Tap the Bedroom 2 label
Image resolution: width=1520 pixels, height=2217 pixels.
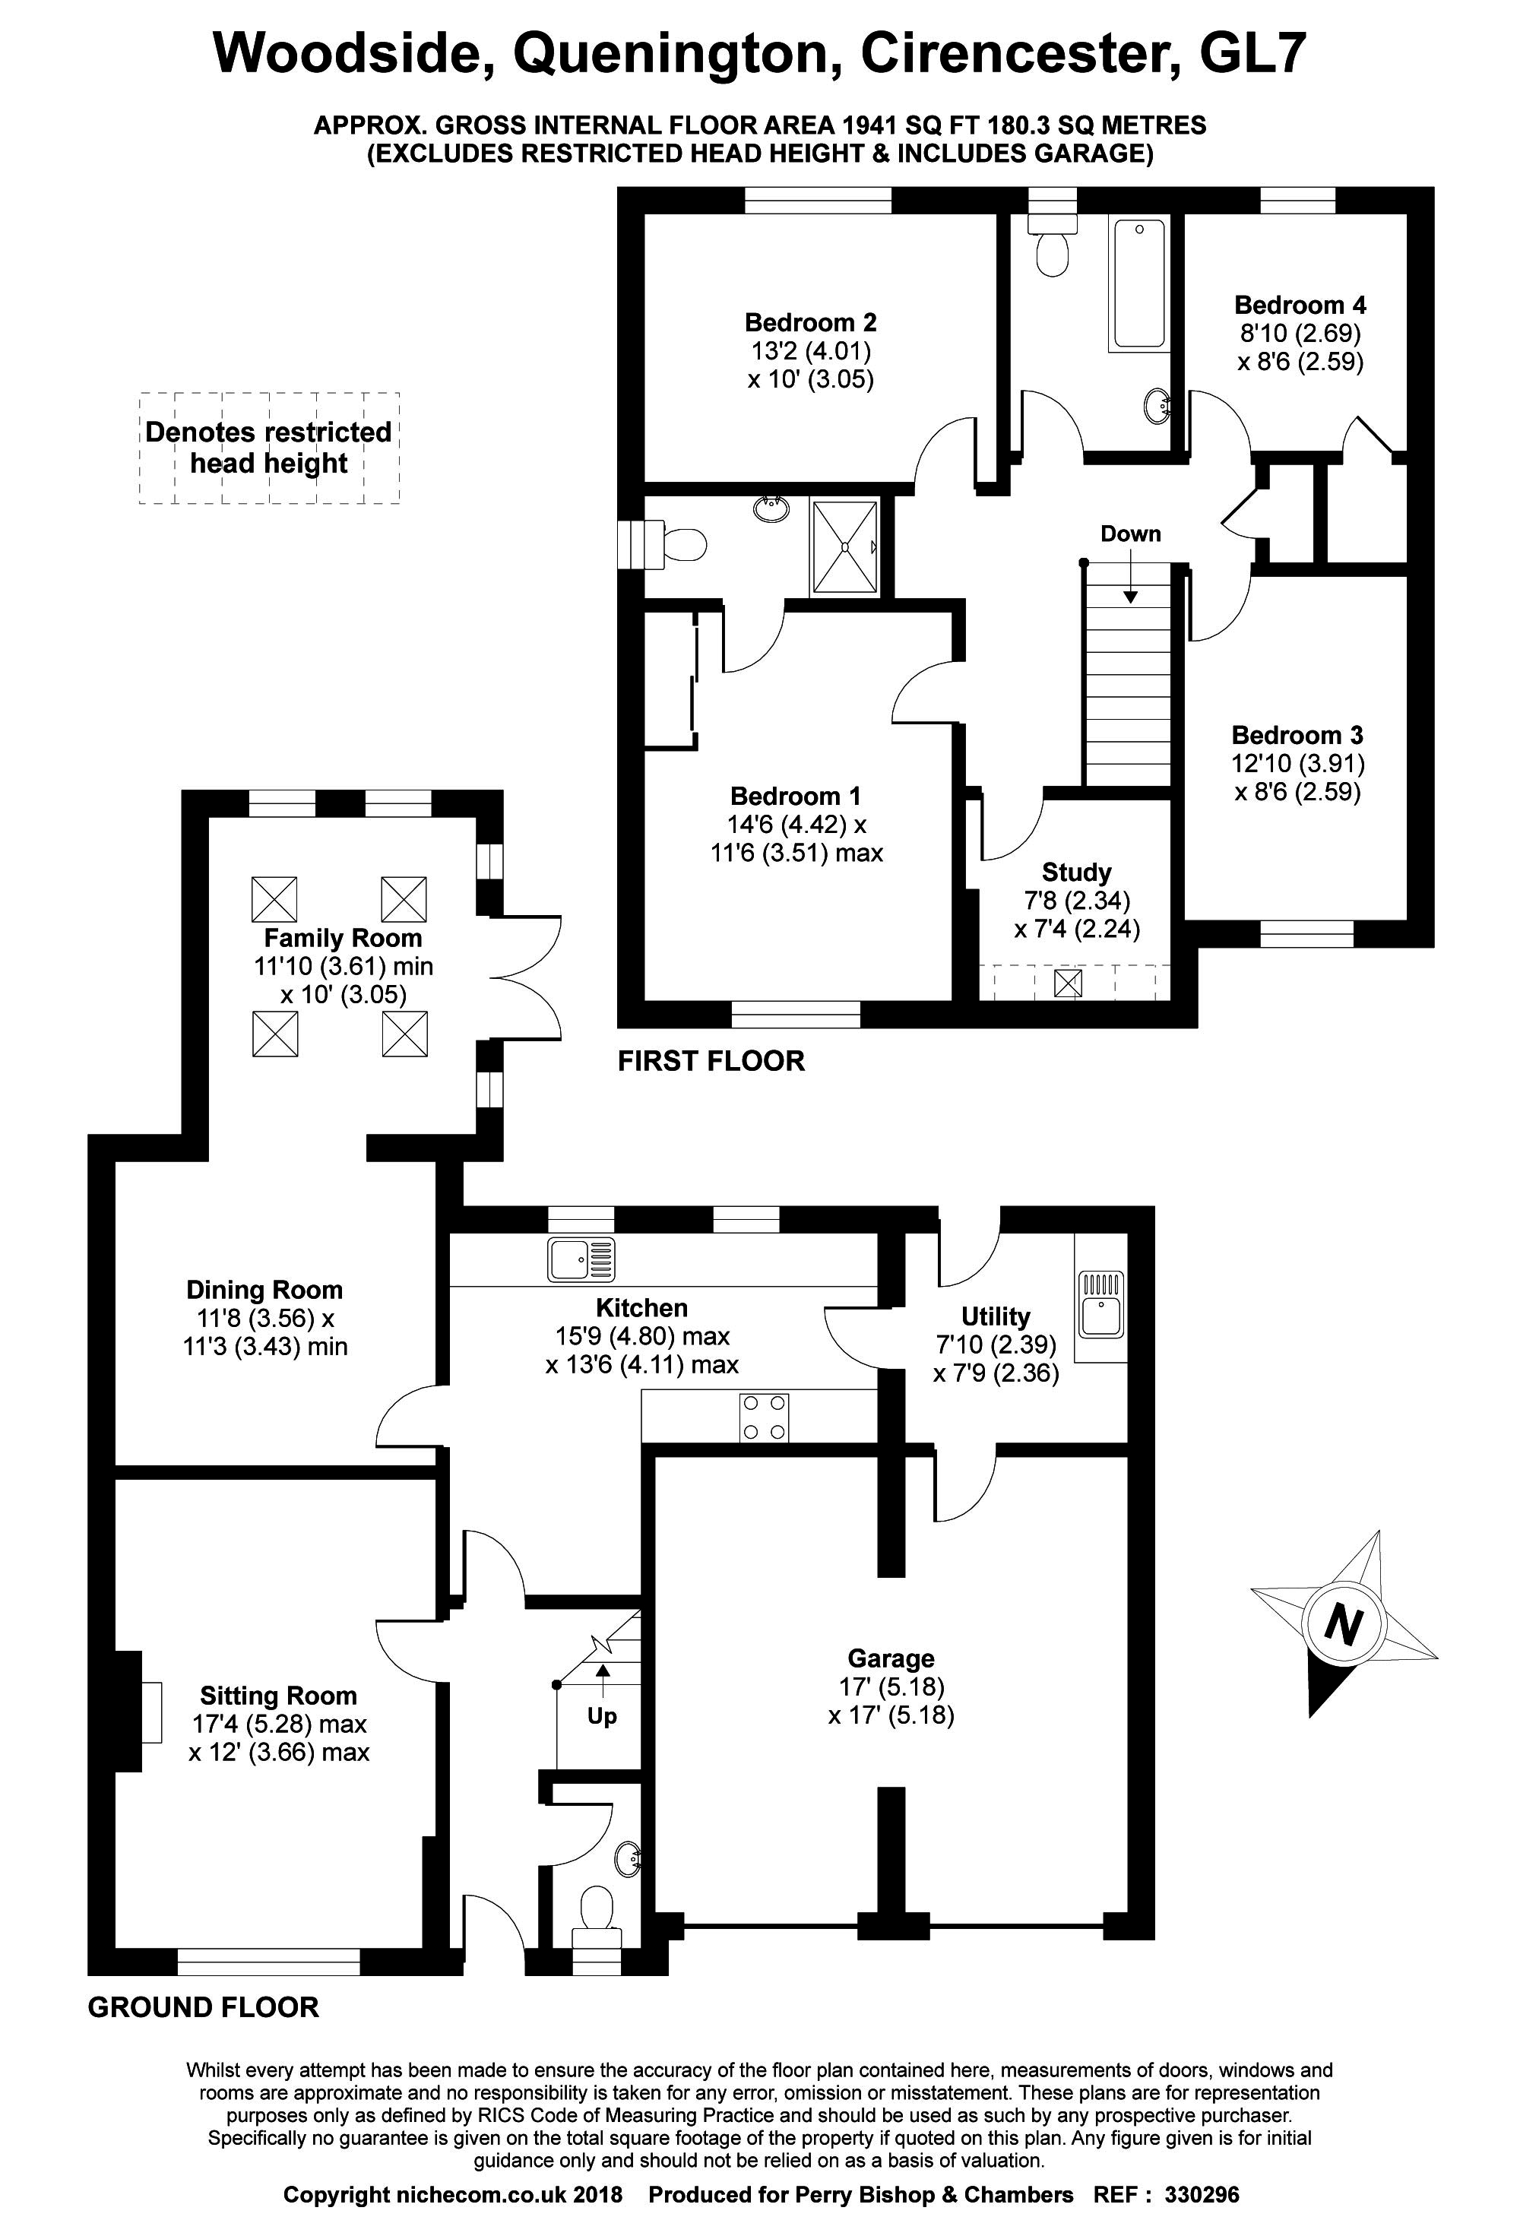click(810, 322)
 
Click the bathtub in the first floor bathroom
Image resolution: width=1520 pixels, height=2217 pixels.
click(1138, 283)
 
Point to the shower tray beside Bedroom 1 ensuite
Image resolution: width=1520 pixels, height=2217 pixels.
click(844, 546)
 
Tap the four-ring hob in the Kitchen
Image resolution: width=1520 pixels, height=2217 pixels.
click(765, 1417)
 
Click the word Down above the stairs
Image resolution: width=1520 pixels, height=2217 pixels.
click(1131, 534)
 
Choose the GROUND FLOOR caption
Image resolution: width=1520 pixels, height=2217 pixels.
click(203, 2007)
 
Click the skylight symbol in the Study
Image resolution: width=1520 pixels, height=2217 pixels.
click(1068, 983)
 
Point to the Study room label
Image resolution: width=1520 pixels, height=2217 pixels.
click(1076, 872)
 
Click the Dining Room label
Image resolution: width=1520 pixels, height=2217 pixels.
click(264, 1290)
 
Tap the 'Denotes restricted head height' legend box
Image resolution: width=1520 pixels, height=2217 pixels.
click(268, 448)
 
